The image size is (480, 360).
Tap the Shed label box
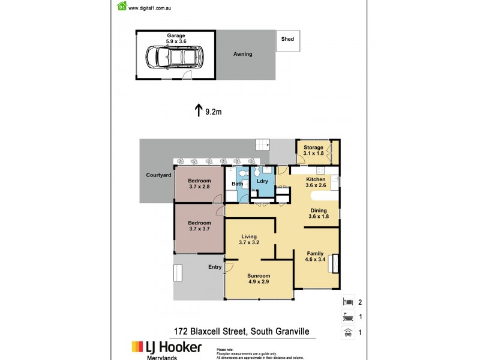288,39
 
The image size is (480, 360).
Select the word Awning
243,54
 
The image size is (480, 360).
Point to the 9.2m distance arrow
199,110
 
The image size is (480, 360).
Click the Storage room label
313,147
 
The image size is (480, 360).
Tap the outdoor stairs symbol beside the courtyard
263,145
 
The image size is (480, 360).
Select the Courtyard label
159,175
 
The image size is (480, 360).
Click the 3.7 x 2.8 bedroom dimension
199,187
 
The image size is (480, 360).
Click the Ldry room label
262,181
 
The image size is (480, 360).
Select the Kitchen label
316,179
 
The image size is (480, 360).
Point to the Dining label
319,210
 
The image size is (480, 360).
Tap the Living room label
250,236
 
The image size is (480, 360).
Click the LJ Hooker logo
167,347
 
